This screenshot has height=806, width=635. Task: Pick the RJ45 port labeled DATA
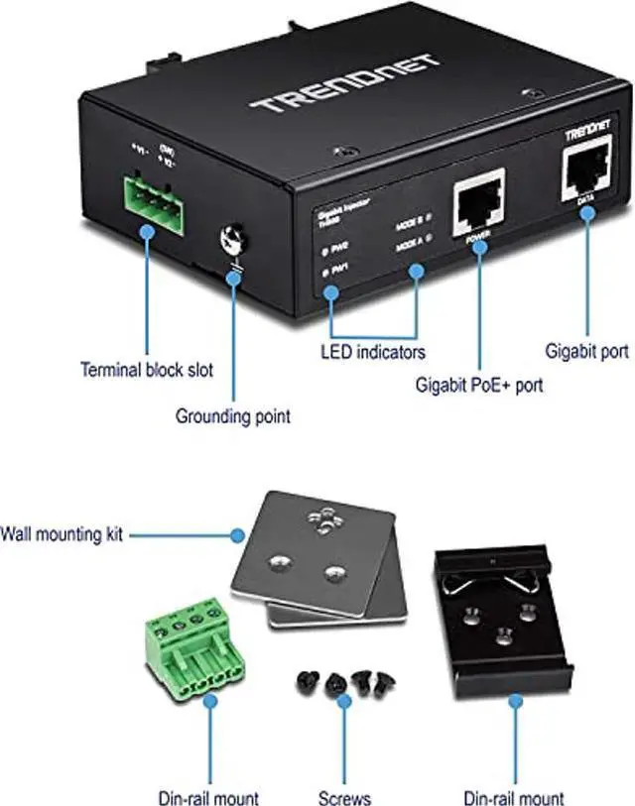(585, 171)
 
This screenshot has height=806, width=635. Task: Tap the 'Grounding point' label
(233, 415)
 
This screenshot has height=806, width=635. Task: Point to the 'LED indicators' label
(373, 351)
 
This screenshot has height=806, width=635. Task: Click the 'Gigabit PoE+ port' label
(479, 385)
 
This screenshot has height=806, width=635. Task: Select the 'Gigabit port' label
(587, 350)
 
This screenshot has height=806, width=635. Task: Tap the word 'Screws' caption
(346, 797)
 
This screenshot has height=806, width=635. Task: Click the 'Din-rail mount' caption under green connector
(209, 797)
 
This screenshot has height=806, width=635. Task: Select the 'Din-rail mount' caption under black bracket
(514, 797)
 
